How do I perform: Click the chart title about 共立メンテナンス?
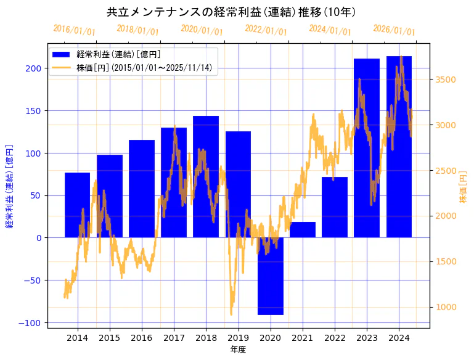coord(231,12)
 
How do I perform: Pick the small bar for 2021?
coord(303,230)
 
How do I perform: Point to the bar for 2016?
coord(142,189)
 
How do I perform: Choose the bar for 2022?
coord(335,207)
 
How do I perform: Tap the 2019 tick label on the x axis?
coord(238,338)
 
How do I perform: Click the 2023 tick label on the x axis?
coord(367,338)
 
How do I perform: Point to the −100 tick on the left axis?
coord(34,323)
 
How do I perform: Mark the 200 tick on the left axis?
coord(36,68)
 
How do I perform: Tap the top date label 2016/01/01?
coord(74,30)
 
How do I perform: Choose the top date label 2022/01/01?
coord(266,30)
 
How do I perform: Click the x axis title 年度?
coord(238,350)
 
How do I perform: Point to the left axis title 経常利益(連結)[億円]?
coord(9,187)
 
